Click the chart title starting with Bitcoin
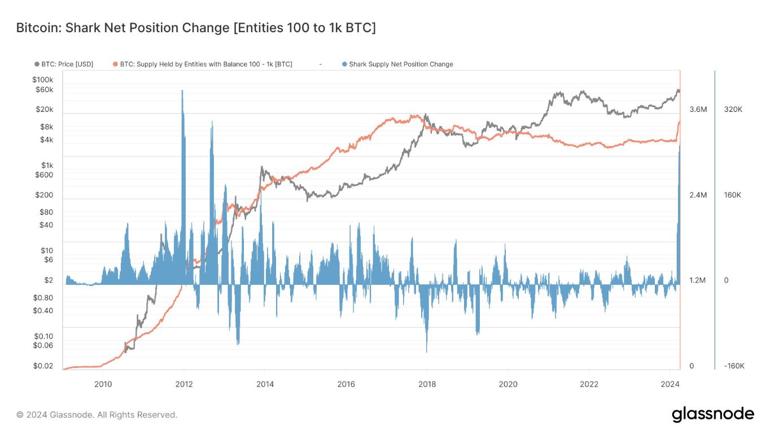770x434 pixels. click(x=195, y=28)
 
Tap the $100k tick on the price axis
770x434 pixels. click(x=43, y=80)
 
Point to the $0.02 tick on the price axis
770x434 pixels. click(x=43, y=366)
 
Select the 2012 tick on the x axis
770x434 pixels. click(x=183, y=384)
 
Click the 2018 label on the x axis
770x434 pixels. click(x=427, y=384)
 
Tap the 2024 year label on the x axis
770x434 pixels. click(x=670, y=384)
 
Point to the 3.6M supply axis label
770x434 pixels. click(x=698, y=110)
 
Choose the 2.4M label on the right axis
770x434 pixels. click(x=698, y=195)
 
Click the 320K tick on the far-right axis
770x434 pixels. click(x=733, y=110)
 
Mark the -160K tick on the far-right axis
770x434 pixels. click(x=734, y=366)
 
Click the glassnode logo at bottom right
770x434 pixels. click(x=712, y=414)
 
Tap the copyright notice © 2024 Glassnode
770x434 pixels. click(x=97, y=415)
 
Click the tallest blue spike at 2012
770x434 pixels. click(x=182, y=93)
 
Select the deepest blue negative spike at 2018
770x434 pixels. click(x=427, y=349)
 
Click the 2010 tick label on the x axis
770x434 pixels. click(x=102, y=384)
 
